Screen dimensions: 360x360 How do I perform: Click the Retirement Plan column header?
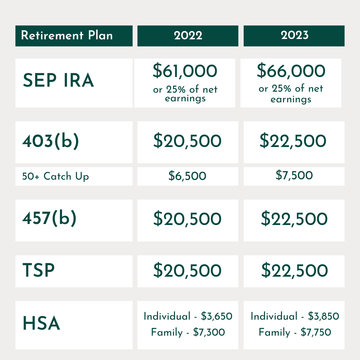[x=67, y=35]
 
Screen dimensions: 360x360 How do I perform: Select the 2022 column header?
[x=188, y=36]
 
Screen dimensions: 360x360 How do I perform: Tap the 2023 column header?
[x=295, y=35]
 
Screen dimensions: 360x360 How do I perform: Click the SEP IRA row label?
[x=58, y=80]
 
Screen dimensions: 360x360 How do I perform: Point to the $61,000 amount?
[x=185, y=71]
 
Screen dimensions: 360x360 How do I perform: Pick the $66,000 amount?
[x=291, y=70]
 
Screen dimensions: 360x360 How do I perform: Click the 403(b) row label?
[x=51, y=141]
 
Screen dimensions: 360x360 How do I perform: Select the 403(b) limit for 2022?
[x=187, y=141]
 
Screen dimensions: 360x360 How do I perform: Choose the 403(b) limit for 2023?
[x=293, y=141]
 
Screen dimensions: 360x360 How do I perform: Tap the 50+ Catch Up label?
[x=56, y=176]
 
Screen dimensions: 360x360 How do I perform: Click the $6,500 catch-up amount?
[x=187, y=176]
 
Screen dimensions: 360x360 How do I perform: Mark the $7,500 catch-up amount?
[x=294, y=175]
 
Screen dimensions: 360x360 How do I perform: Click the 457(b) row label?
[x=49, y=218]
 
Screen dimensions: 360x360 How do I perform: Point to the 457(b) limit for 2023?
[x=294, y=218]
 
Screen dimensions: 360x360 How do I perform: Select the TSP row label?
[x=39, y=270]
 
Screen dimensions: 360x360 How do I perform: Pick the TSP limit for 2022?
[x=187, y=270]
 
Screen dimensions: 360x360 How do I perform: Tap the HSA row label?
[x=41, y=323]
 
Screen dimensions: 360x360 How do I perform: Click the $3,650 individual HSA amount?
[x=217, y=316]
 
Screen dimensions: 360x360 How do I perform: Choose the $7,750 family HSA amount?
[x=316, y=332]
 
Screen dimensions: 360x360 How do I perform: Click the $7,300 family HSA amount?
[x=209, y=332]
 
